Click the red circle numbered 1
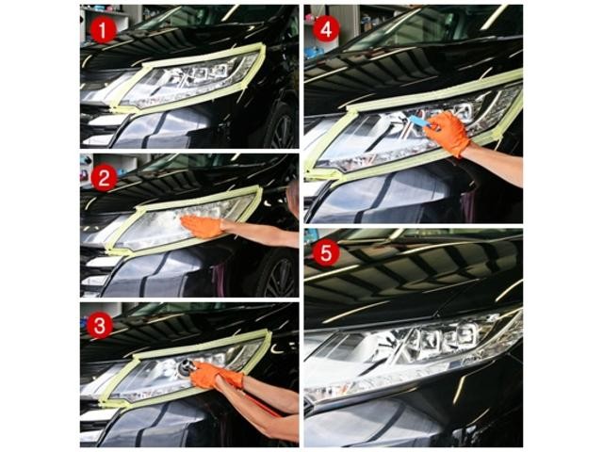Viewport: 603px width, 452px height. click(104, 30)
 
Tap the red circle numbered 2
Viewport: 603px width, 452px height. click(104, 178)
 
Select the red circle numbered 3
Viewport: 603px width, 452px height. click(100, 326)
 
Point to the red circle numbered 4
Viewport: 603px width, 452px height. click(326, 29)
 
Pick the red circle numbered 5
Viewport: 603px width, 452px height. click(326, 253)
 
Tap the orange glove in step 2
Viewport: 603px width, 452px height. click(203, 227)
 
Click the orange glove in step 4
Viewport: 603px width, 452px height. click(448, 134)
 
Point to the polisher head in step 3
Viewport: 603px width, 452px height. click(187, 368)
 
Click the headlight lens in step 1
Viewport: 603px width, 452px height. click(188, 82)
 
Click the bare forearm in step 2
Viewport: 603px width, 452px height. click(262, 233)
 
